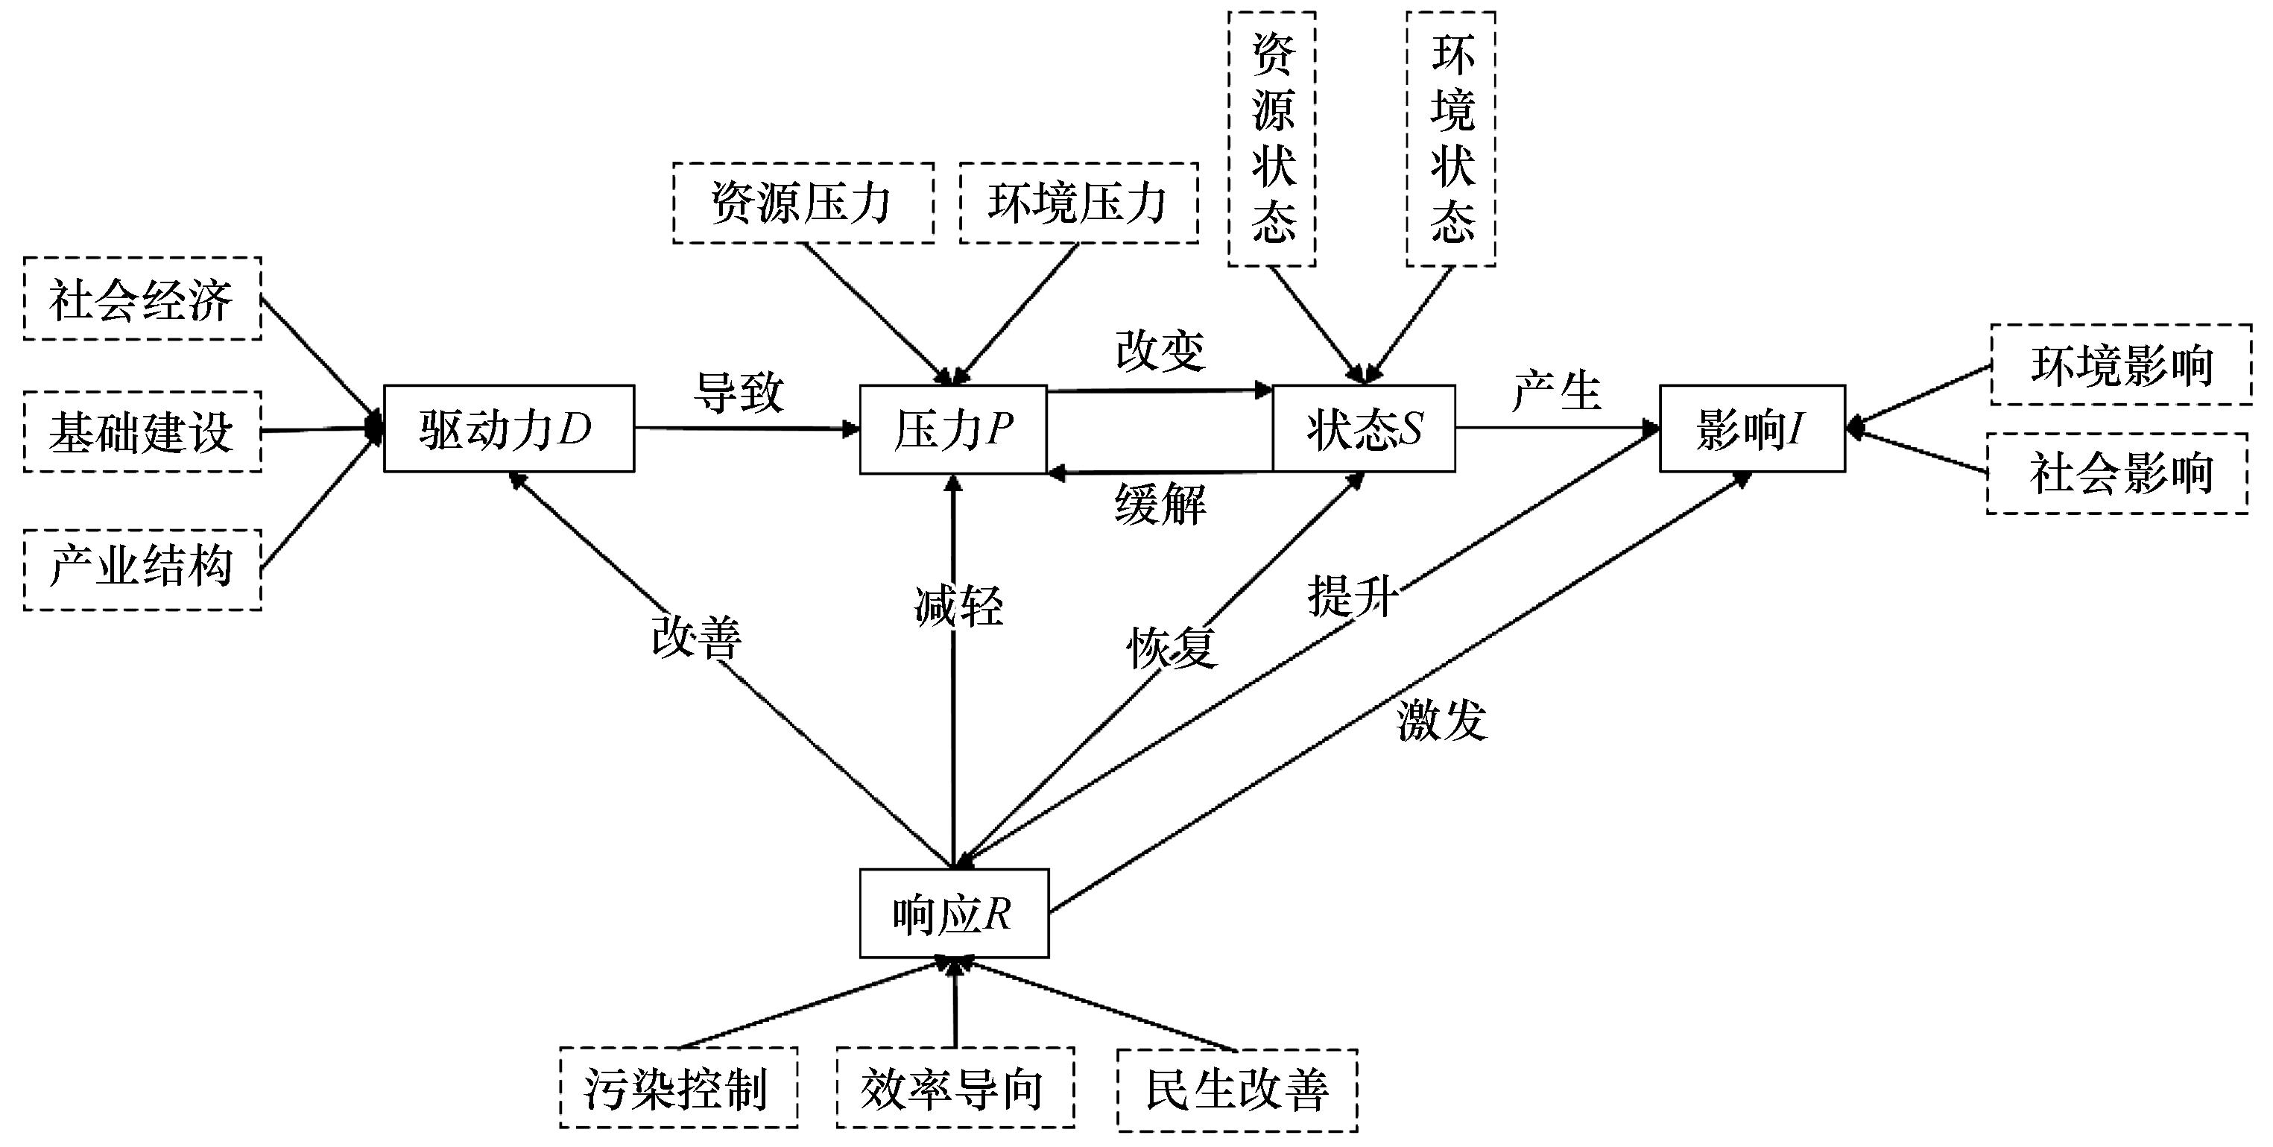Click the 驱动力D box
click(x=508, y=429)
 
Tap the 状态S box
click(x=1363, y=429)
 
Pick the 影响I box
click(x=1751, y=429)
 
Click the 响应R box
click(x=954, y=913)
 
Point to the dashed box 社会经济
click(x=142, y=299)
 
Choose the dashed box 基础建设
click(x=142, y=432)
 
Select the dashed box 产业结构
click(x=142, y=570)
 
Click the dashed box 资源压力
click(x=803, y=203)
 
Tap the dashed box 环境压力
click(x=1078, y=203)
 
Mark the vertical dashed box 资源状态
click(x=1272, y=139)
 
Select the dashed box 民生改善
click(x=1237, y=1090)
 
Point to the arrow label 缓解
click(x=1160, y=505)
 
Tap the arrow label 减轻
click(x=959, y=606)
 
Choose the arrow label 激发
click(x=1442, y=721)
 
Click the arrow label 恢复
click(x=1172, y=648)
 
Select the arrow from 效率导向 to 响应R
click(x=954, y=1006)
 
